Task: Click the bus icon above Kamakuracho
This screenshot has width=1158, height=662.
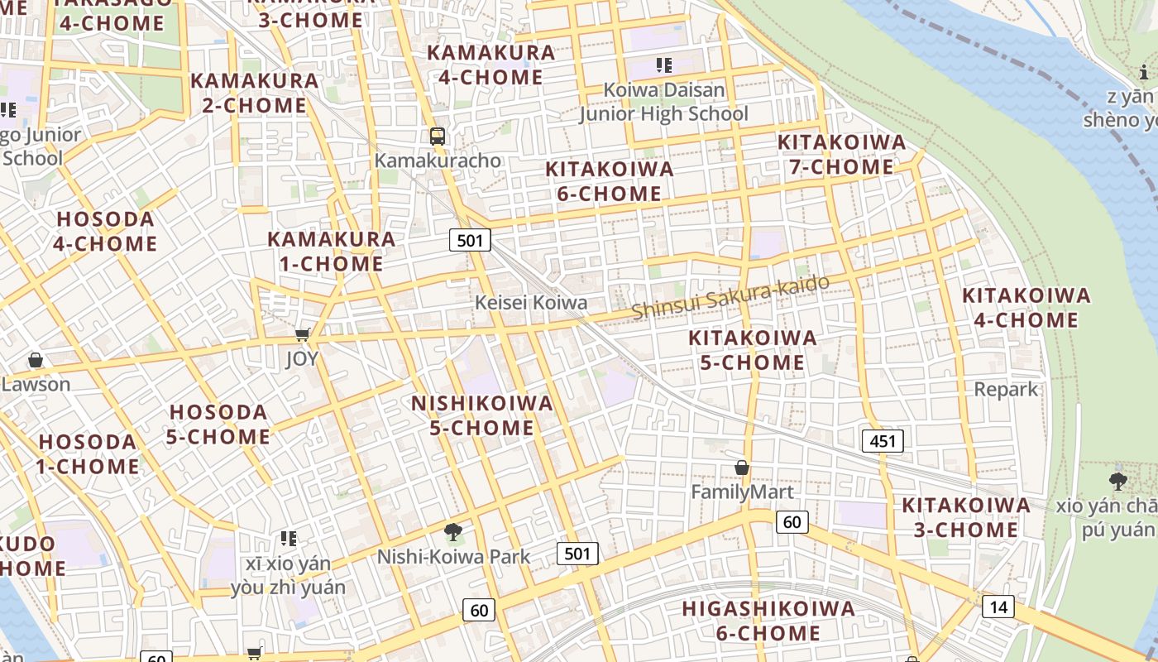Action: coord(438,137)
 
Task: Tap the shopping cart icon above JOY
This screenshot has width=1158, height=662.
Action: coord(303,334)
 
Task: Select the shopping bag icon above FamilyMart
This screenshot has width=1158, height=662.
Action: coord(742,468)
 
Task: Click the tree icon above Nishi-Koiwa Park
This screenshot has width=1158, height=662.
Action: coord(452,532)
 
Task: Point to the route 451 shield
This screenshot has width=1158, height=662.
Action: coord(883,441)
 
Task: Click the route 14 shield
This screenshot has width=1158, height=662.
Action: coord(998,607)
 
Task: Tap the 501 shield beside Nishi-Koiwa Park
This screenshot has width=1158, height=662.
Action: coord(577,554)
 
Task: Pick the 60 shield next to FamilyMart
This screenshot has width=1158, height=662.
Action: coord(792,521)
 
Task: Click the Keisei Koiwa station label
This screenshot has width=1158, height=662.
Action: coord(531,303)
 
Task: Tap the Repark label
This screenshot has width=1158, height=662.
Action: coord(1006,389)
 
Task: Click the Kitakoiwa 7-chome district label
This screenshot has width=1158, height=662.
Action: coord(841,155)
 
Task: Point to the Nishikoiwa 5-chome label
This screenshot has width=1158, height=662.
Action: coord(483,415)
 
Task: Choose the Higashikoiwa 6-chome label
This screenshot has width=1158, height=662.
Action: coord(768,621)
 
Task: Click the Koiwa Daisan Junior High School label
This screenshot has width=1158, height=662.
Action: coord(663,102)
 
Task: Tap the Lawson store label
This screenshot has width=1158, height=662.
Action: coord(36,385)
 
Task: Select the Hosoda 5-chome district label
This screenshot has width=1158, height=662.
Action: coord(219,425)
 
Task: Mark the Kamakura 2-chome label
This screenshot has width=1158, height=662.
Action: coord(255,93)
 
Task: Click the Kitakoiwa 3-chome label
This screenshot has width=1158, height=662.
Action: coord(966,517)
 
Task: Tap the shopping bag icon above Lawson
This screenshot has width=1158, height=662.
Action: coord(36,360)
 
